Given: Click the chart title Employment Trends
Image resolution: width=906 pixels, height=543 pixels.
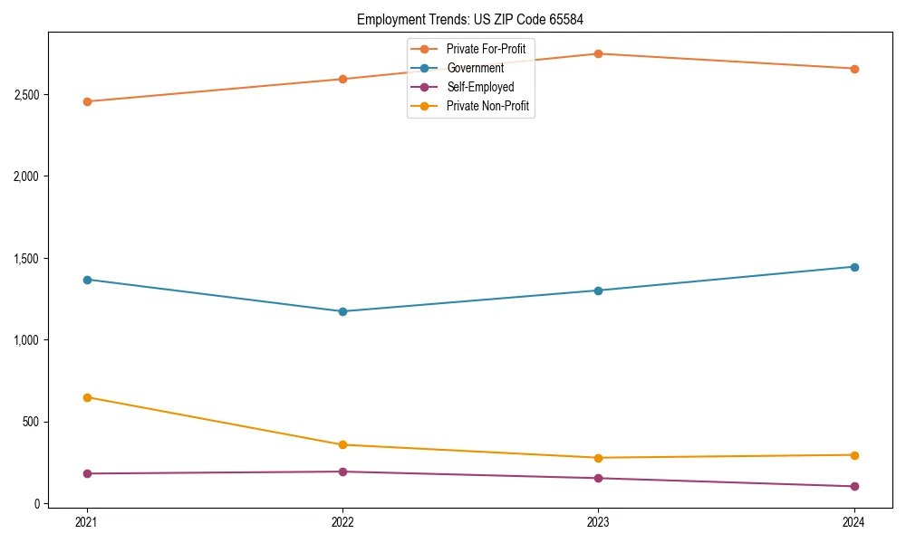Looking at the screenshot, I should (476, 20).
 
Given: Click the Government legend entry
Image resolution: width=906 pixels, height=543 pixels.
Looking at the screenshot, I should (475, 68).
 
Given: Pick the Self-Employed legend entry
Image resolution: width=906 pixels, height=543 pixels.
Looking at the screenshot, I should (480, 87).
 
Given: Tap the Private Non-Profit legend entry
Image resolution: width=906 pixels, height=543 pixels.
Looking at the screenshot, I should (487, 107).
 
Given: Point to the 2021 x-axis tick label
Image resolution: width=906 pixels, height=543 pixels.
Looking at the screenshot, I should (87, 521).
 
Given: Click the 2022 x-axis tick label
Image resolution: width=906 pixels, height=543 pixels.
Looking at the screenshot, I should (342, 521).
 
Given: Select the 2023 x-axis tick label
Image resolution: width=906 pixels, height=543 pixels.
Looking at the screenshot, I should (598, 521).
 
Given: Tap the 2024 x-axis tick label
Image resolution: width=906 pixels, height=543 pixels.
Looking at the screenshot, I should (853, 521).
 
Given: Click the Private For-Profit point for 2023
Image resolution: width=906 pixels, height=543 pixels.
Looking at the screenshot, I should (598, 54).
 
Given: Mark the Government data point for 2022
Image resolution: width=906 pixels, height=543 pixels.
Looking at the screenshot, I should (342, 311).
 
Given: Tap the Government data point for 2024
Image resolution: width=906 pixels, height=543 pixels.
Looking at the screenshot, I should (853, 267).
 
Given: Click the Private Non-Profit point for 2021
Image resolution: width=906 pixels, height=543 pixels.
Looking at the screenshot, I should (87, 397).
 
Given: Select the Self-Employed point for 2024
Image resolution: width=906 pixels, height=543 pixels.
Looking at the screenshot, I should (853, 486).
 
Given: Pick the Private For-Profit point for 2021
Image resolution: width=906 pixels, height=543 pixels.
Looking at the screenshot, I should (87, 101).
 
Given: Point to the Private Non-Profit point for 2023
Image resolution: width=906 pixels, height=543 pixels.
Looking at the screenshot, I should (598, 458).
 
